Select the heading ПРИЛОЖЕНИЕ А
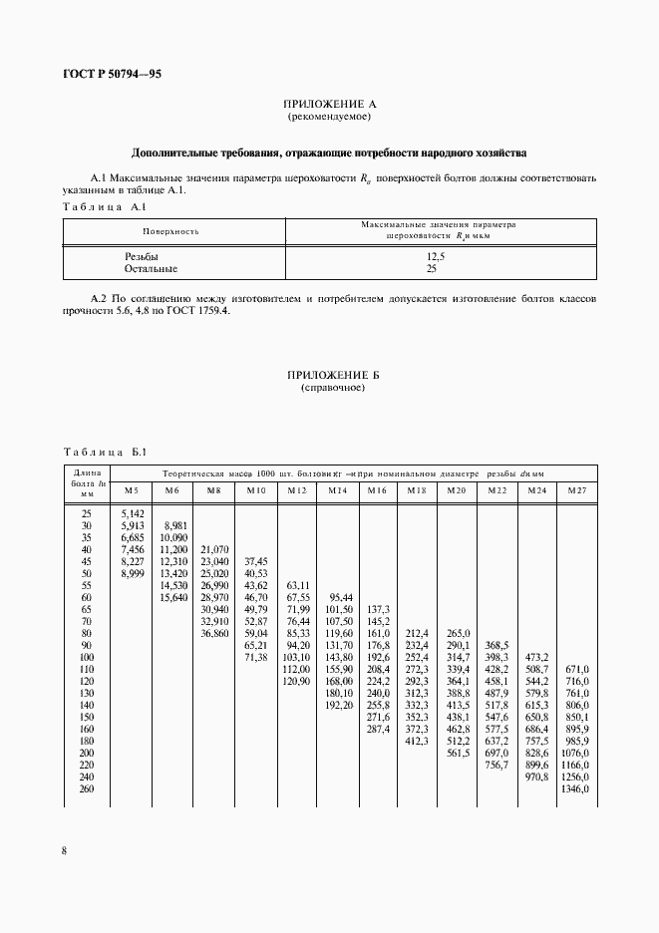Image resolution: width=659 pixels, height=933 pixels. pyautogui.click(x=329, y=104)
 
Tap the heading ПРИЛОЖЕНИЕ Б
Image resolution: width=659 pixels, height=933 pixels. pyautogui.click(x=329, y=374)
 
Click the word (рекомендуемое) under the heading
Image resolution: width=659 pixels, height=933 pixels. pyautogui.click(x=329, y=117)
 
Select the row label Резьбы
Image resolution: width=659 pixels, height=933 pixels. pyautogui.click(x=142, y=257)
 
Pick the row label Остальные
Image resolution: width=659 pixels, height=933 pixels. pyautogui.click(x=152, y=269)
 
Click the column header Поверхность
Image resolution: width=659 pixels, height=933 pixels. pyautogui.click(x=170, y=231)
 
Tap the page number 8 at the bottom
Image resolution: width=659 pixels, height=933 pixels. pyautogui.click(x=64, y=849)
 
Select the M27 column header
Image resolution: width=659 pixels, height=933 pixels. pyautogui.click(x=576, y=490)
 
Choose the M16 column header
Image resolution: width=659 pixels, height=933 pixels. pyautogui.click(x=376, y=490)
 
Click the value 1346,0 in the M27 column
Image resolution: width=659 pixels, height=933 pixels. pyautogui.click(x=576, y=788)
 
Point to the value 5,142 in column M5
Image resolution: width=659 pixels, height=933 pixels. pyautogui.click(x=132, y=514)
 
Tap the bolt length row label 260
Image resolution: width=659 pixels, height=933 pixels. pyautogui.click(x=86, y=788)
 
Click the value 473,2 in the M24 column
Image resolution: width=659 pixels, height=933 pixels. pyautogui.click(x=536, y=657)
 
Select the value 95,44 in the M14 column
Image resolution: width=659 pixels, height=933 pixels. pyautogui.click(x=340, y=586)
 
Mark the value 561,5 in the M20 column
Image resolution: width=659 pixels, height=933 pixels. pyautogui.click(x=458, y=753)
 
